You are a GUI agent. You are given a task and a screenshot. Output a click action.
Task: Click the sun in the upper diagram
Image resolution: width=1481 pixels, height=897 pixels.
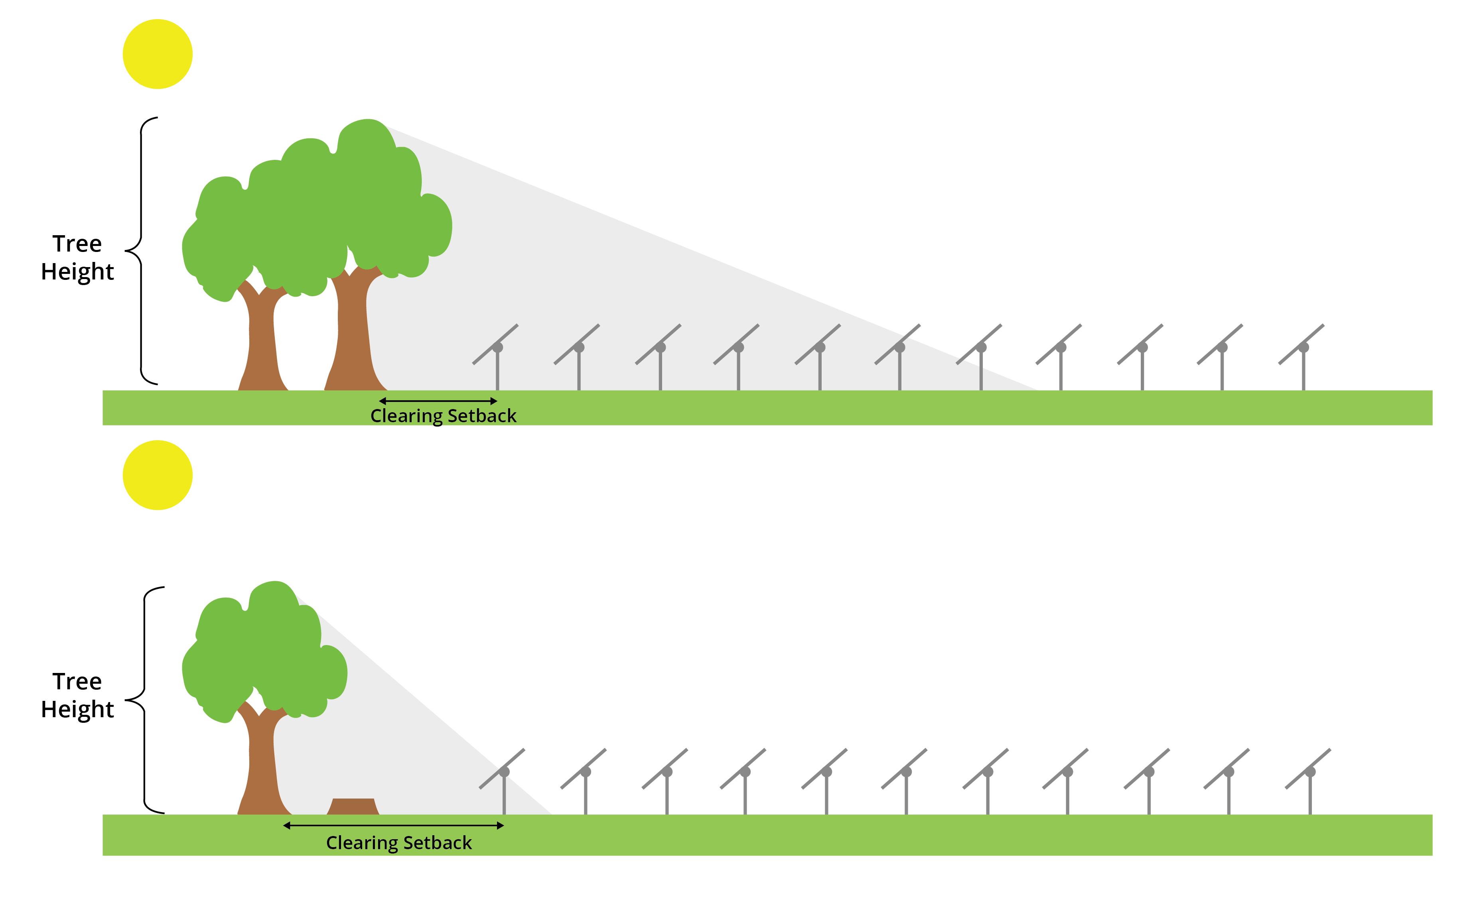pyautogui.click(x=158, y=54)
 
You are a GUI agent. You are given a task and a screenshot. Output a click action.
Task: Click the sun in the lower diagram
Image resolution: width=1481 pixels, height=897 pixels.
pyautogui.click(x=158, y=475)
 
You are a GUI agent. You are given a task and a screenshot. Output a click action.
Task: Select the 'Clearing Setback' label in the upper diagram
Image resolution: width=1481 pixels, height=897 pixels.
pyautogui.click(x=443, y=416)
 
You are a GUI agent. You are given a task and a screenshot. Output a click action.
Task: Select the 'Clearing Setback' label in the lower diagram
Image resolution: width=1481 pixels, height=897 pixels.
pyautogui.click(x=398, y=843)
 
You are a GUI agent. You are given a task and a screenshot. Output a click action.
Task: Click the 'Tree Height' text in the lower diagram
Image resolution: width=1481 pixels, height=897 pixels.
pyautogui.click(x=77, y=695)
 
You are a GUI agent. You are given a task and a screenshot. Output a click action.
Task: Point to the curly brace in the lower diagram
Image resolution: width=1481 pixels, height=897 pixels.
pyautogui.click(x=145, y=700)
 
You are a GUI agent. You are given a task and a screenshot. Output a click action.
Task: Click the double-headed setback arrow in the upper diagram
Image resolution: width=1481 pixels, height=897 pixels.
pyautogui.click(x=438, y=401)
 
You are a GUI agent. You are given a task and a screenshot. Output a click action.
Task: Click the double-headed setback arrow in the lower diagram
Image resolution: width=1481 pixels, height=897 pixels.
pyautogui.click(x=393, y=826)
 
